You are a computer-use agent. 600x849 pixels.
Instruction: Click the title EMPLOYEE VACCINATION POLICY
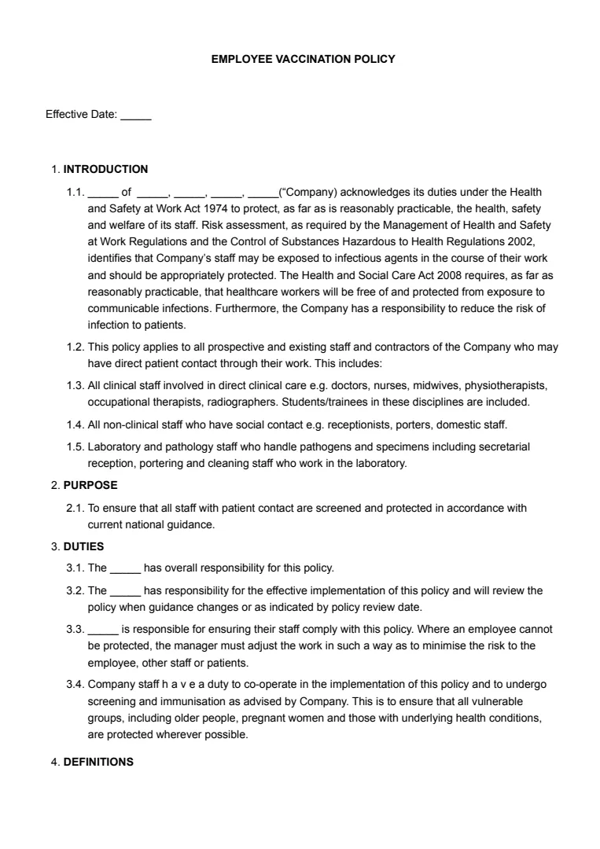(x=303, y=59)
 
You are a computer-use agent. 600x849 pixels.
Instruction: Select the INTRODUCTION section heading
(x=105, y=169)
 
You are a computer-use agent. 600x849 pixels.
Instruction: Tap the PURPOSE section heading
(x=90, y=485)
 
